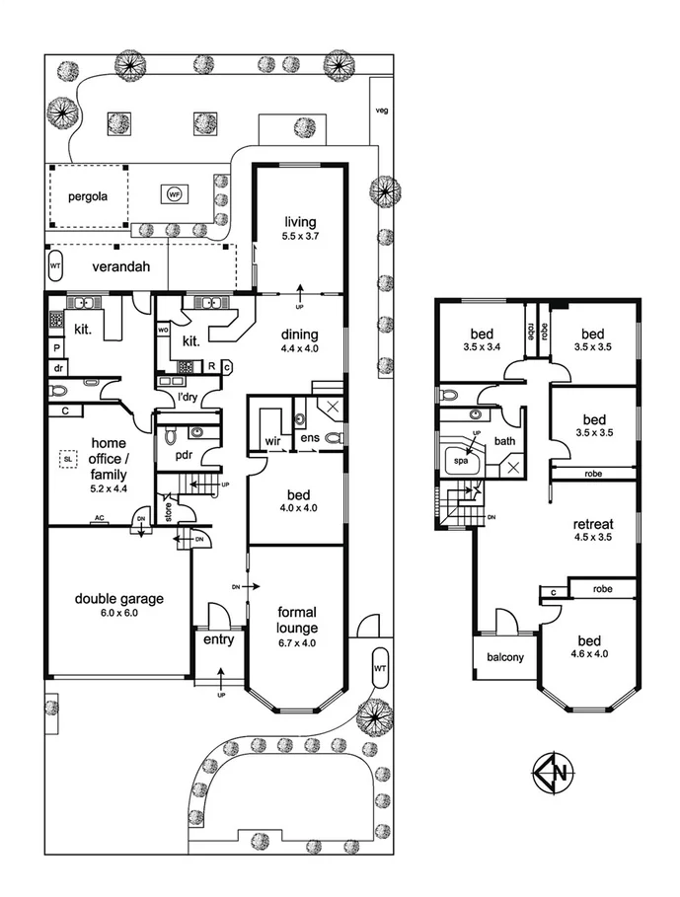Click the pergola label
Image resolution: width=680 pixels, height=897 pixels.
[87, 195]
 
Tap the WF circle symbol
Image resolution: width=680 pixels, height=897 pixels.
[175, 193]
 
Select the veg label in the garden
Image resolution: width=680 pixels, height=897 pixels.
[381, 111]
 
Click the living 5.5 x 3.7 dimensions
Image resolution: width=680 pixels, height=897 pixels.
[300, 237]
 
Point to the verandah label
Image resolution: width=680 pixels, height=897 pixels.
[120, 266]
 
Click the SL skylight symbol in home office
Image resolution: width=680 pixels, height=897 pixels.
[68, 459]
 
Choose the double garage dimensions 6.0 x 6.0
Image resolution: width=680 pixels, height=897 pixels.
[117, 612]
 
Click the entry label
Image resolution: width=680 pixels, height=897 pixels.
[217, 640]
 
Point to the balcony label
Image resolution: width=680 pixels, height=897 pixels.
[504, 658]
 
